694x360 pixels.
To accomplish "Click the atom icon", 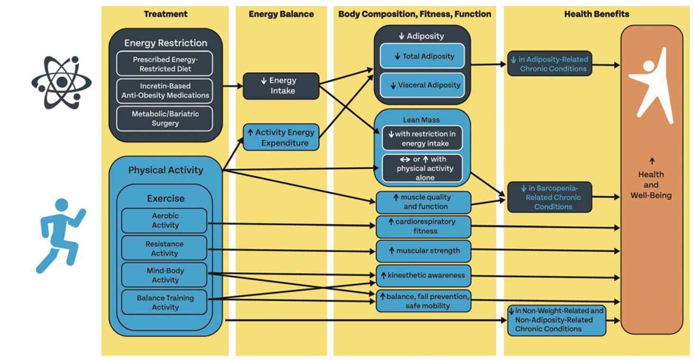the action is tap(61, 82).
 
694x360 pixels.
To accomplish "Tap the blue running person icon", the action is tap(61, 236).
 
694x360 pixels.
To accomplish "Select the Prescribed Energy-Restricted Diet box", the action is tap(164, 64).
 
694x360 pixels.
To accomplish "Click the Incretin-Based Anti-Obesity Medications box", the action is tap(164, 91).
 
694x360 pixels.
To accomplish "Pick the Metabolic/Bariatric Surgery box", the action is tap(164, 119).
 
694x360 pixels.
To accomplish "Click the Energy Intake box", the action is tap(281, 86).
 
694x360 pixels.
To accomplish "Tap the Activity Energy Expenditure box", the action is tap(281, 138).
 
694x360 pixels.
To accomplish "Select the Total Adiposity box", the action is tap(422, 56).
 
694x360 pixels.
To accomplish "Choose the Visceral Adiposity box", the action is tap(422, 85).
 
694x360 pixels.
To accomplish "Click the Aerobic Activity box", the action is tap(164, 221).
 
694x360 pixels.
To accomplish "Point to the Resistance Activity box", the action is tap(164, 248).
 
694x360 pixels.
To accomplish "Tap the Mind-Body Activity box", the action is tap(164, 275).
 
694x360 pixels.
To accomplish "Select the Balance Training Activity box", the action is tap(164, 302).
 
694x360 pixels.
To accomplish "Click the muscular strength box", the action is tap(423, 251).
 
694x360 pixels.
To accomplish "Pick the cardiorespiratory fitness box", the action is tap(423, 227).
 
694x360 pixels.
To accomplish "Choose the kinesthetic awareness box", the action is tap(423, 276).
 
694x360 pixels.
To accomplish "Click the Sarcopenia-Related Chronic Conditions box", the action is tap(549, 197).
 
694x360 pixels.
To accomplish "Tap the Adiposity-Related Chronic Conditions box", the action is tap(549, 64).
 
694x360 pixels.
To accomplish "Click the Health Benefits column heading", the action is tap(596, 14).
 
